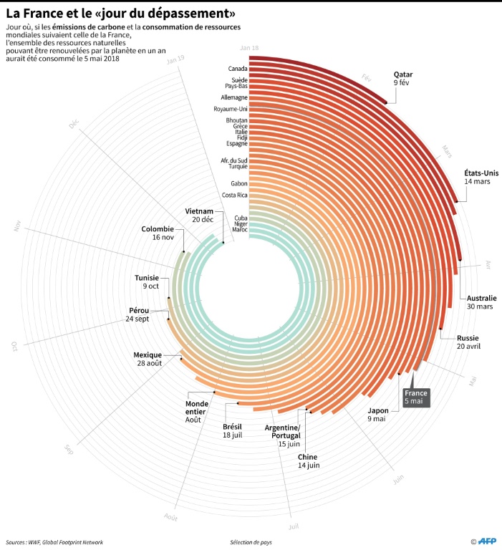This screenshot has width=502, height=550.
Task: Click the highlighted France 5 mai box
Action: (x=416, y=397)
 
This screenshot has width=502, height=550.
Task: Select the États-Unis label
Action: (x=481, y=173)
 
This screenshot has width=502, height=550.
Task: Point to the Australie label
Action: (x=481, y=298)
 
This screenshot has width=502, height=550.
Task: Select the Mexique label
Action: (x=148, y=354)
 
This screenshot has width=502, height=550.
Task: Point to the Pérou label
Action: (x=138, y=311)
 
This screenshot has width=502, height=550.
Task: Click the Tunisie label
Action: (x=148, y=278)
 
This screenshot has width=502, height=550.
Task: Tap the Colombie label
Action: (x=158, y=229)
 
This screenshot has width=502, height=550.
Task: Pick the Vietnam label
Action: (x=199, y=211)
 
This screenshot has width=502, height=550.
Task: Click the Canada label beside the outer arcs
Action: (x=238, y=69)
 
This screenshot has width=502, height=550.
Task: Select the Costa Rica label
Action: (x=235, y=195)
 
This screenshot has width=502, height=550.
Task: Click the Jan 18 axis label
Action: (x=249, y=47)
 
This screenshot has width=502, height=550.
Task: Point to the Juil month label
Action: (x=294, y=527)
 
